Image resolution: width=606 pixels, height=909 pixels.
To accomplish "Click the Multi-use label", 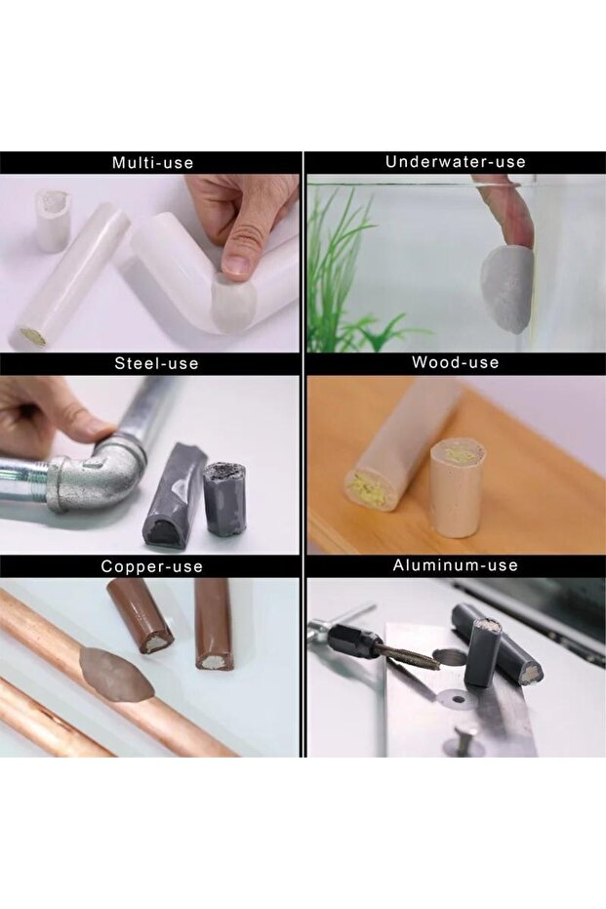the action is (x=152, y=163).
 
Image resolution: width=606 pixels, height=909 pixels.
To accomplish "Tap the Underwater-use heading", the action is (x=456, y=162).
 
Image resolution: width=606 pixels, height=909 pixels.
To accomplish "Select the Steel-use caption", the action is (x=156, y=363).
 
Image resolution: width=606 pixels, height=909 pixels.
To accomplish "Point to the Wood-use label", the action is (x=456, y=363).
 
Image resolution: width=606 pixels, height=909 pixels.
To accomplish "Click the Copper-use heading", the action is (x=152, y=566).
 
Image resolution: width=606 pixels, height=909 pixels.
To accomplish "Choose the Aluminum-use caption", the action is (x=456, y=565).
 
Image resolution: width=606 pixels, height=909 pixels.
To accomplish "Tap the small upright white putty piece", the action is (x=53, y=221).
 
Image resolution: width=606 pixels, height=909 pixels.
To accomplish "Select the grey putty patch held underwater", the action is (x=506, y=290).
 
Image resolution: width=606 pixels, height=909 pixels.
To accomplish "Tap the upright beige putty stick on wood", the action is (x=456, y=486).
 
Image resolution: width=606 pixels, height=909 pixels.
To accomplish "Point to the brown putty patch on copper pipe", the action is (x=117, y=673).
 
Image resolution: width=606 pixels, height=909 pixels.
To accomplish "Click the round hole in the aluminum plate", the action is (x=454, y=695).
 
